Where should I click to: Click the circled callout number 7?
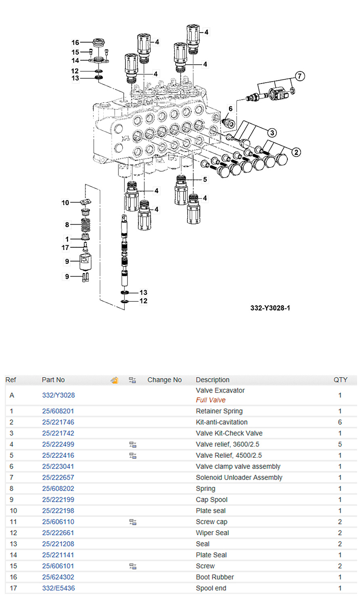[299, 76]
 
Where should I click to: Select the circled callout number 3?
[272, 132]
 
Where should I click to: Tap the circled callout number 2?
[296, 152]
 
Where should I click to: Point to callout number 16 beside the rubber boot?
[75, 42]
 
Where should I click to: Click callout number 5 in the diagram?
[205, 179]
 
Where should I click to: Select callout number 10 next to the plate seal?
[65, 202]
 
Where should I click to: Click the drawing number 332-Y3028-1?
[270, 308]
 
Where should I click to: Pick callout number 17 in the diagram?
[65, 248]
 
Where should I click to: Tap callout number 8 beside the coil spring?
[67, 225]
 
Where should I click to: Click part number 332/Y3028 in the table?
[59, 395]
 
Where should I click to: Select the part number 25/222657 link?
[58, 478]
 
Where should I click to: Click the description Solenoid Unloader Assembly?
[239, 478]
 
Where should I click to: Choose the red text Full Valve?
[211, 400]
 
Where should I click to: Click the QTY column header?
[340, 380]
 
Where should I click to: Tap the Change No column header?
[164, 380]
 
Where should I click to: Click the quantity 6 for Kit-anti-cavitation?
[340, 422]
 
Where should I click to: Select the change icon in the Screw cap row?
[132, 522]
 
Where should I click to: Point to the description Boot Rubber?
[215, 577]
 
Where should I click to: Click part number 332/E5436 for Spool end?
[59, 588]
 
